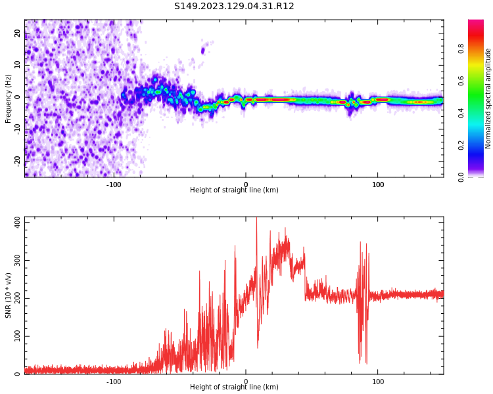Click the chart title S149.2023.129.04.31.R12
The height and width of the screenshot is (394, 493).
tap(234, 7)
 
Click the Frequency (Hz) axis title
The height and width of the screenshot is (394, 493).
tap(9, 98)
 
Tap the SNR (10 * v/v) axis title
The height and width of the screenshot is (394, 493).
tap(9, 295)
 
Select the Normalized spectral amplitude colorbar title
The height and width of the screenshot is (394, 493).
tap(488, 98)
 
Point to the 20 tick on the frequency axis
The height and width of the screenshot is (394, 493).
tap(18, 33)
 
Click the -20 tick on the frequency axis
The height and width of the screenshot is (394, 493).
tap(18, 160)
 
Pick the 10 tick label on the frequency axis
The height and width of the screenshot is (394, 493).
tap(18, 65)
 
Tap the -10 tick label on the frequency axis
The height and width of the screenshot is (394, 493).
tap(18, 129)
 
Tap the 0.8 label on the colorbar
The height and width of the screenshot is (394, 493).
tap(462, 49)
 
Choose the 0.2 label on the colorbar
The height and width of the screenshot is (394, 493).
tap(462, 145)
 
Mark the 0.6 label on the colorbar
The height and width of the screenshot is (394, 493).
tap(462, 81)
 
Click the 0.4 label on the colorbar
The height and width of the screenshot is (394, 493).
tap(462, 113)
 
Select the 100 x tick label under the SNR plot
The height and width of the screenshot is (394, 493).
tap(378, 382)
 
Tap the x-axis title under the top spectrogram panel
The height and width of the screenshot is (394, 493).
tap(234, 190)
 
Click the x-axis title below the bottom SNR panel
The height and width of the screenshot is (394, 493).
tap(234, 387)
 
